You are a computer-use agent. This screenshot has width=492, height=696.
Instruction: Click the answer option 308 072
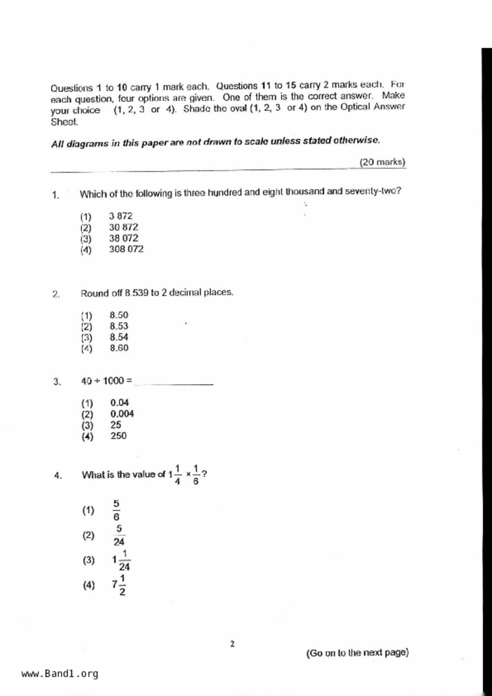(126, 249)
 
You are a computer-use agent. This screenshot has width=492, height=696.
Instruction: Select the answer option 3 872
(121, 216)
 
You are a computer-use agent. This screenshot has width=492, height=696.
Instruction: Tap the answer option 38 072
(124, 238)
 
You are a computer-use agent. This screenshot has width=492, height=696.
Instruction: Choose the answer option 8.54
(119, 337)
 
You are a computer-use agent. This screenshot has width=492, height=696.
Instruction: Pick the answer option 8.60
(119, 348)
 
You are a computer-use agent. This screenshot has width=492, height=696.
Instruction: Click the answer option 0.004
(122, 414)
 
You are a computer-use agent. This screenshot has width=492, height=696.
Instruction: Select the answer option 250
(118, 436)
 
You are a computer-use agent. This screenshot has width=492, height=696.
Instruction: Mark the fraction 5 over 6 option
(116, 510)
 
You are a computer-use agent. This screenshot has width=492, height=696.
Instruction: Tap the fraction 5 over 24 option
(119, 535)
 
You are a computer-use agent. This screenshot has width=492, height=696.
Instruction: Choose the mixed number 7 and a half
(119, 585)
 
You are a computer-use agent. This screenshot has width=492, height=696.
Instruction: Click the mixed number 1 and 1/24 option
(121, 560)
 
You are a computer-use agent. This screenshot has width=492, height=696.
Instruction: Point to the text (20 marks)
(382, 162)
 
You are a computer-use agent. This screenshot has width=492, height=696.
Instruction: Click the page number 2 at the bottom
(232, 644)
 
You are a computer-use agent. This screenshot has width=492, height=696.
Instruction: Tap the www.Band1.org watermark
(60, 674)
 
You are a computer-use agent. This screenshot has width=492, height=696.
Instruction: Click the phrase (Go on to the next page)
(357, 653)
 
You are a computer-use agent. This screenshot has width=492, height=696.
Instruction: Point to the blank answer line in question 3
(174, 383)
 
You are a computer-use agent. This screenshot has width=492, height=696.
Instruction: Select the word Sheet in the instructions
(64, 122)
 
